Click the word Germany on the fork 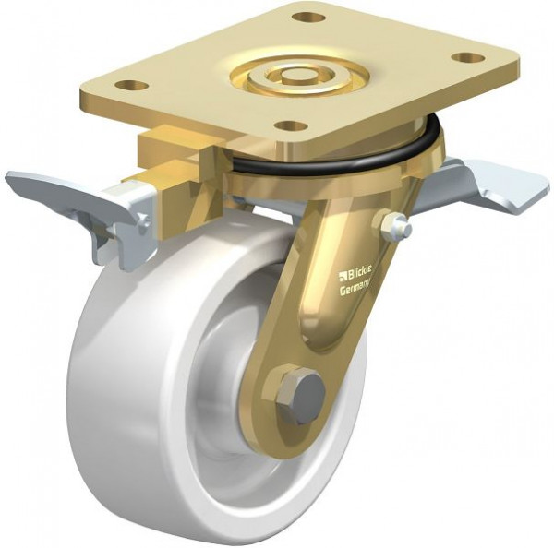click(x=355, y=288)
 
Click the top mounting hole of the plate click(x=307, y=17)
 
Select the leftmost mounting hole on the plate click(x=131, y=86)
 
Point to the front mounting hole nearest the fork click(x=290, y=125)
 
